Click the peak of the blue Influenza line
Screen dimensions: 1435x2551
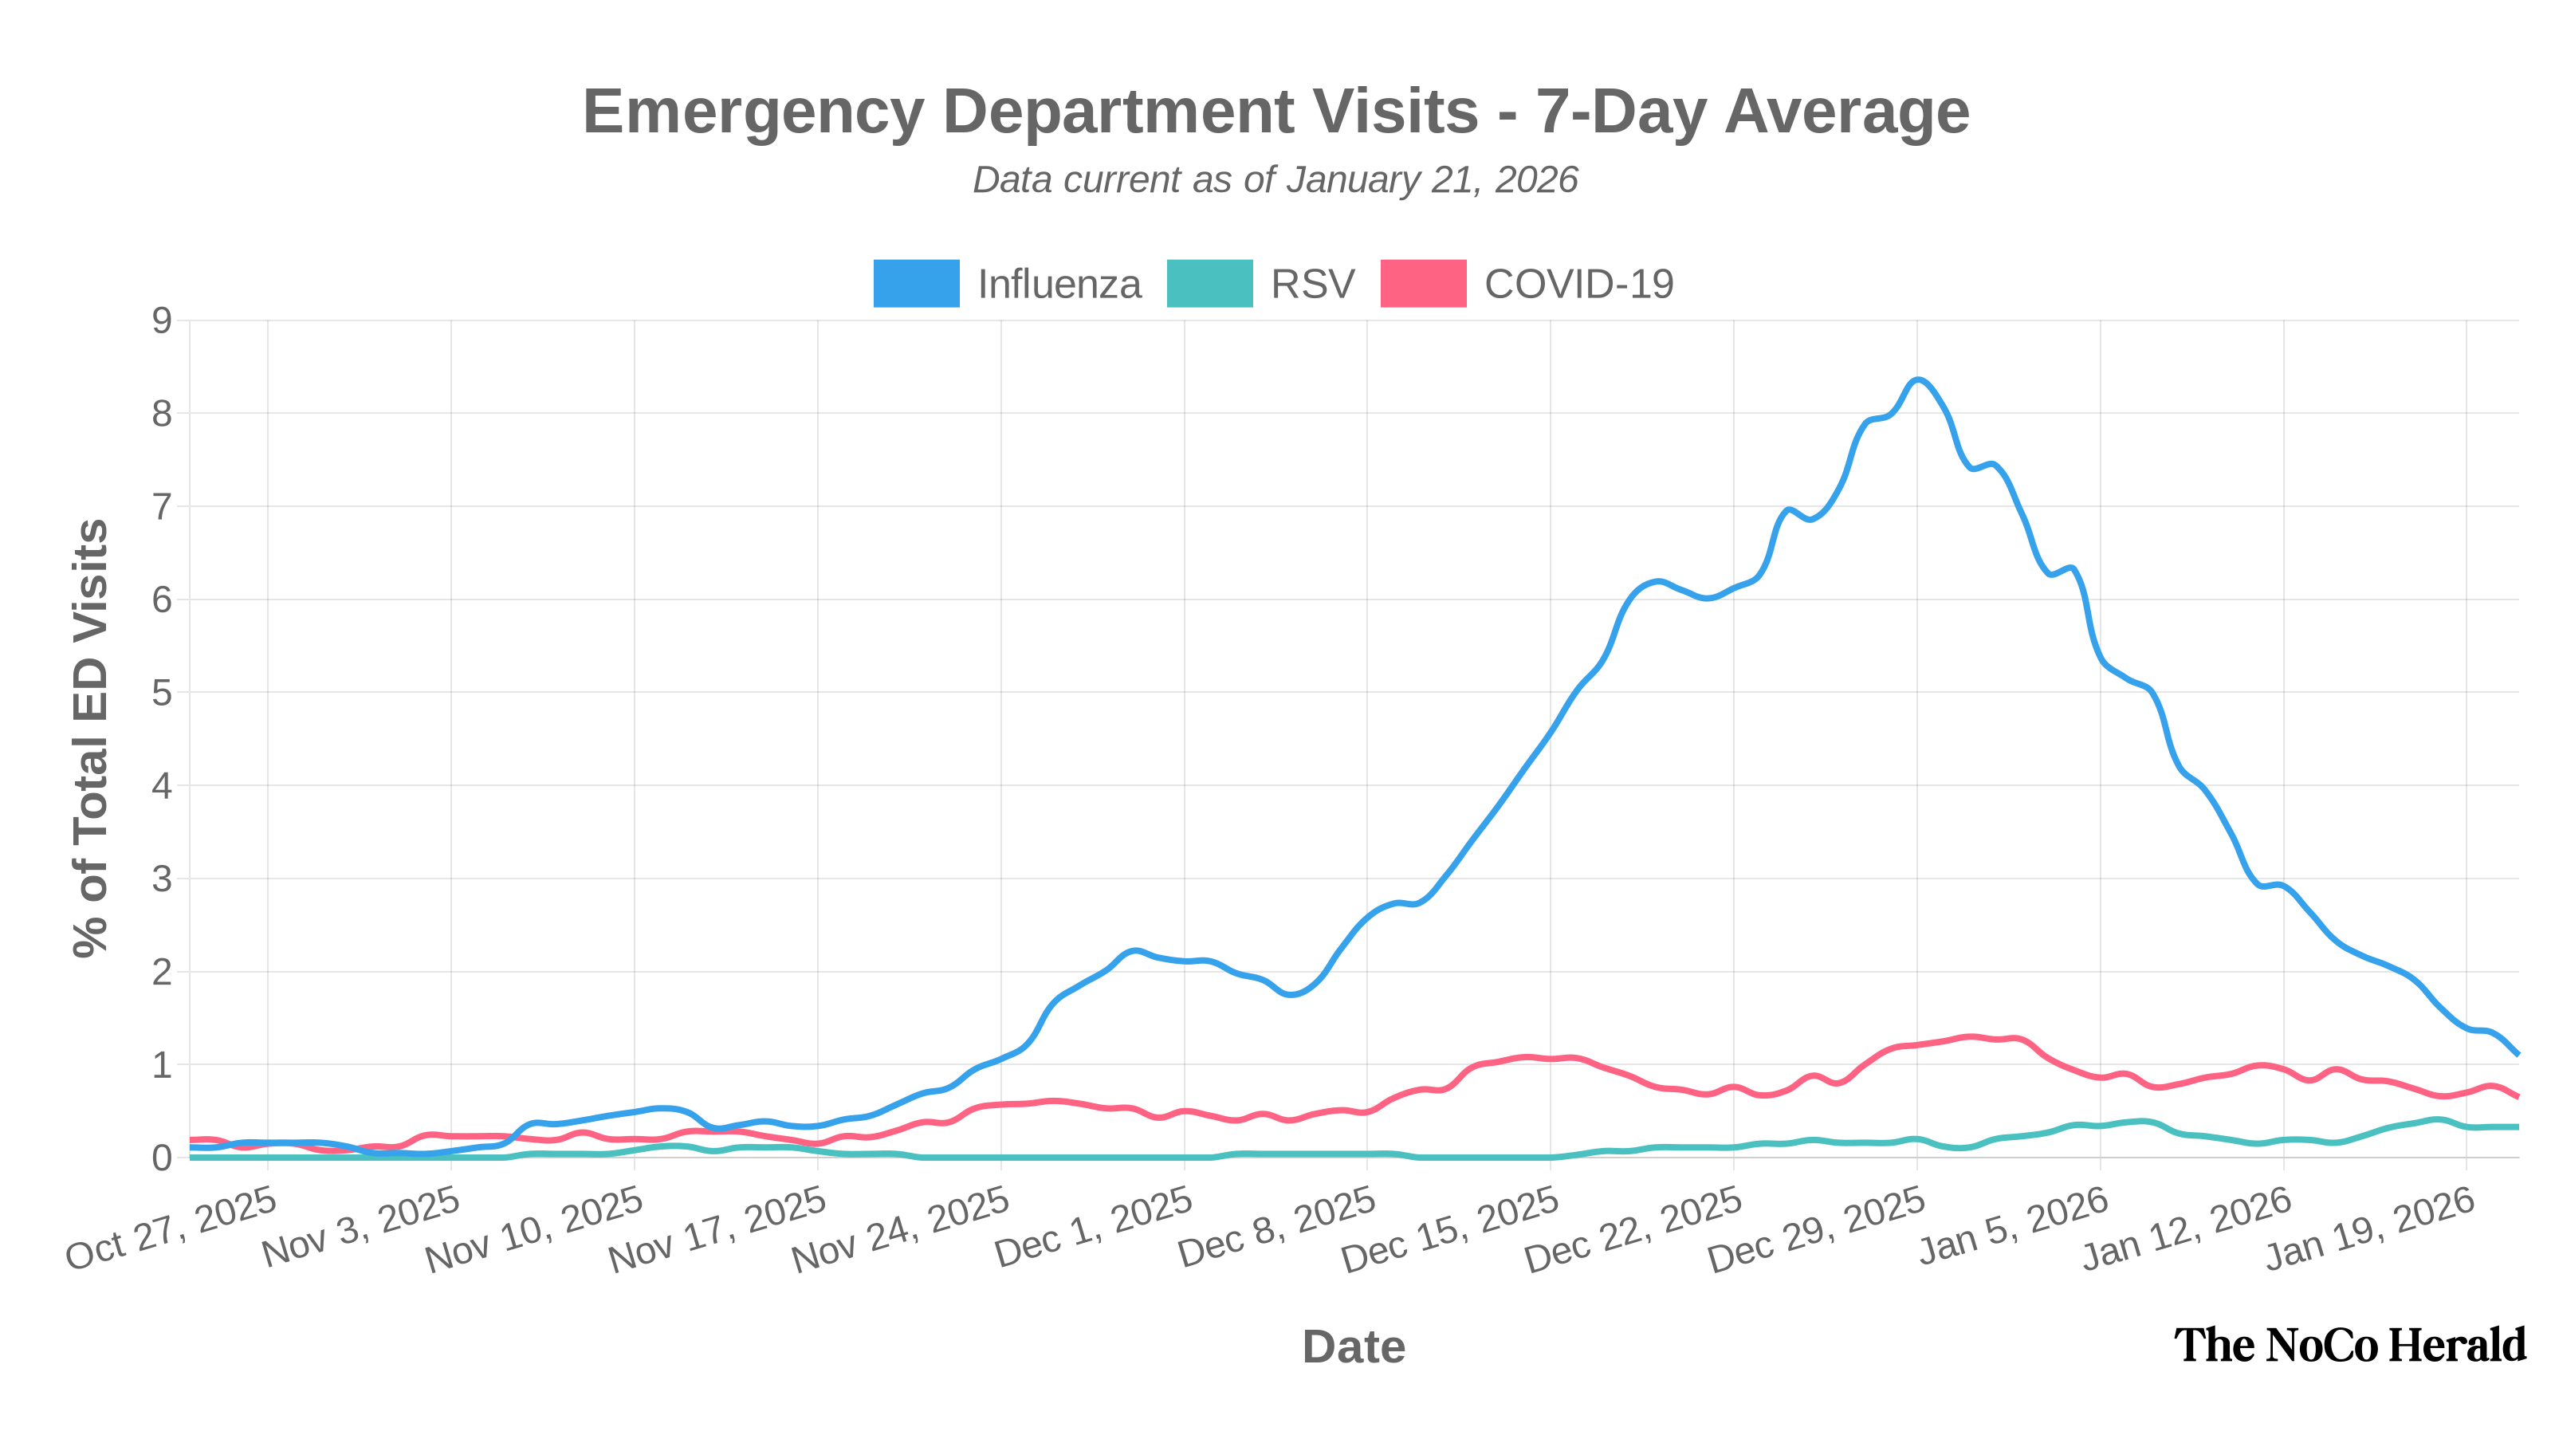click(1918, 380)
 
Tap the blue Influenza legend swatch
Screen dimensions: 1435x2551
click(916, 283)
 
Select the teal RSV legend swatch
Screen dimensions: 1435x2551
click(1209, 283)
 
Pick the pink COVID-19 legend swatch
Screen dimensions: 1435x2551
click(1423, 283)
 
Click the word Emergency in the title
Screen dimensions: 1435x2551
click(753, 111)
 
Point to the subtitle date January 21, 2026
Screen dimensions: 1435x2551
click(1431, 180)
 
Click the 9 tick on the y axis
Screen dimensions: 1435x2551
click(161, 320)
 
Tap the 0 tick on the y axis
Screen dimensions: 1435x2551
click(161, 1158)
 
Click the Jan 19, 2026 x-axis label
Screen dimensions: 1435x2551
click(2370, 1229)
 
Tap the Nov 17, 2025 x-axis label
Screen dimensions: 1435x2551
click(717, 1229)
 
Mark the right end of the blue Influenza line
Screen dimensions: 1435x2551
click(2518, 1055)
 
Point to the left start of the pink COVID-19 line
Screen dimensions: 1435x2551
click(192, 1140)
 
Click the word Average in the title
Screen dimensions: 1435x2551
click(1847, 111)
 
